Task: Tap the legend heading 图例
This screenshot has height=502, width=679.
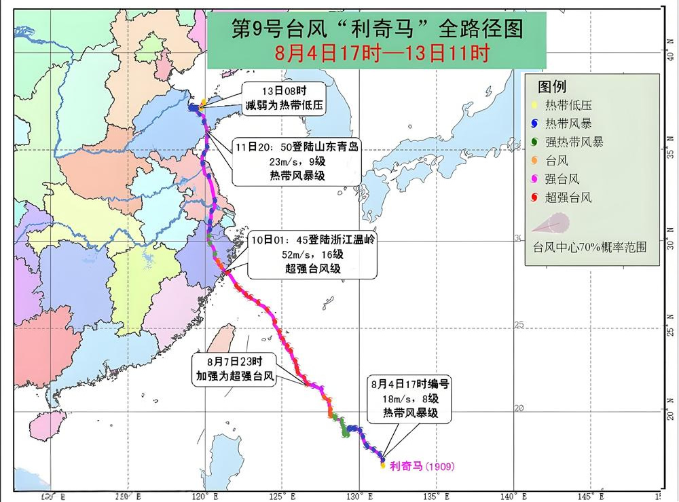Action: coord(551,87)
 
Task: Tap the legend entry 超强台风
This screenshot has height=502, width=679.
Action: coord(568,197)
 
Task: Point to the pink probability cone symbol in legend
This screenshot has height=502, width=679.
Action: coord(553,223)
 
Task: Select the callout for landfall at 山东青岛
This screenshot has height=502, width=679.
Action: coord(297,162)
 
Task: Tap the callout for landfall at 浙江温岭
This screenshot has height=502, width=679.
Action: coord(312,254)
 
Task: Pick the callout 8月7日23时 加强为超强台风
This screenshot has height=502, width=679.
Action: coord(234,370)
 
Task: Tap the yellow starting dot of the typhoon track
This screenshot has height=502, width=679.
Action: coord(383,465)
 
